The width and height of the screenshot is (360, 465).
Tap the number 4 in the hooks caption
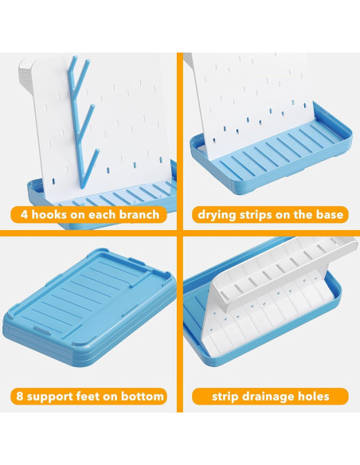pos(24,214)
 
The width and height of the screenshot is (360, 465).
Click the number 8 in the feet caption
pos(20,397)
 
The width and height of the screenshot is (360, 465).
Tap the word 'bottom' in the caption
pos(142,397)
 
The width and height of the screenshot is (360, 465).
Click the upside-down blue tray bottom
pos(89,307)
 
